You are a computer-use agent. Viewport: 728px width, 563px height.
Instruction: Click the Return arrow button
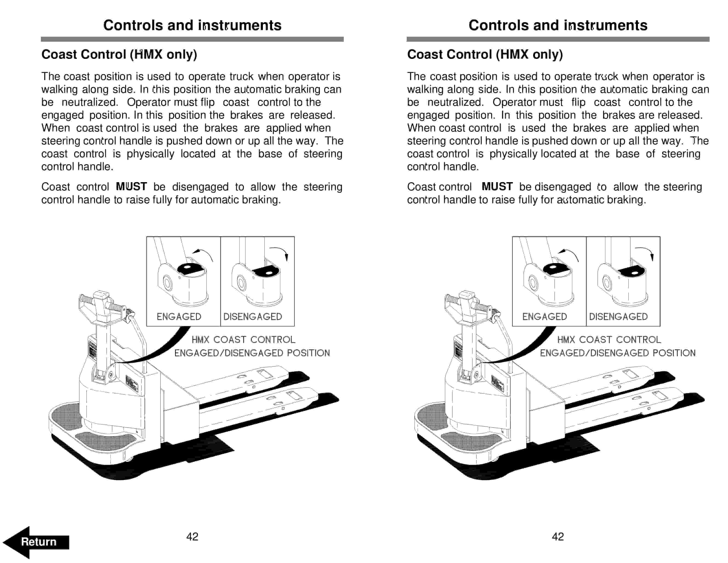click(37, 542)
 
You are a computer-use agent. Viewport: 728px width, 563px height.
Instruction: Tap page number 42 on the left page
click(192, 537)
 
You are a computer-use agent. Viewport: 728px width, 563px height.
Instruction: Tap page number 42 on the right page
click(558, 537)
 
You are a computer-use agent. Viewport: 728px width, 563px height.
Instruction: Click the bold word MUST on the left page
click(131, 187)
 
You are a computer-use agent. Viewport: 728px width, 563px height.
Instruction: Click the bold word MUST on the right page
click(497, 187)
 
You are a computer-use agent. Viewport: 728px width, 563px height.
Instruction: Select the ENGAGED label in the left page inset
click(179, 316)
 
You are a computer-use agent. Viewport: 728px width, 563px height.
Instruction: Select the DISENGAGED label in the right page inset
click(618, 316)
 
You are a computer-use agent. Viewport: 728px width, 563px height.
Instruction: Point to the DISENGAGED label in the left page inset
click(253, 316)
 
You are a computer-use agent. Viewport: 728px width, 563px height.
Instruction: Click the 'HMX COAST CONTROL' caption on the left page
click(243, 339)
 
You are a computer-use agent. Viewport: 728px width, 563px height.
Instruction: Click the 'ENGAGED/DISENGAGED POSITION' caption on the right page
click(618, 353)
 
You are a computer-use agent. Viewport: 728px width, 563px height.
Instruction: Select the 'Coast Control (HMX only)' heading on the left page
click(119, 54)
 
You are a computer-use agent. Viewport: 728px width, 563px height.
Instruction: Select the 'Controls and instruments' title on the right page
click(558, 25)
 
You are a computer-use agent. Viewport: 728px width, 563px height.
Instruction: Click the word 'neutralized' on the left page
click(90, 102)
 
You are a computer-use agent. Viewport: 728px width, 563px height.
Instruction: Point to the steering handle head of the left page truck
click(102, 305)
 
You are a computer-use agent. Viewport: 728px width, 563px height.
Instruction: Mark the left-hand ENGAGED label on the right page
click(544, 316)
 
